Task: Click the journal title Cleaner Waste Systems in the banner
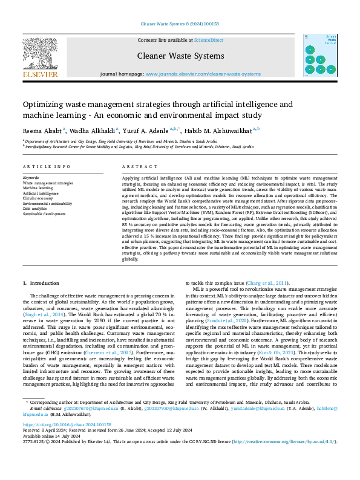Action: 180,56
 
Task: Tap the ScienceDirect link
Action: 208,39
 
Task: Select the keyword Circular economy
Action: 38,197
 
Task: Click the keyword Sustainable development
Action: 44,214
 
